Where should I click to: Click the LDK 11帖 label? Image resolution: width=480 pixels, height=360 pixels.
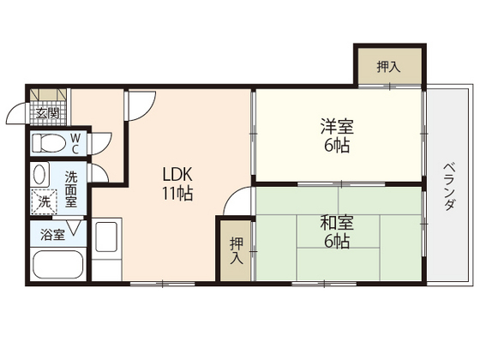tap(177, 182)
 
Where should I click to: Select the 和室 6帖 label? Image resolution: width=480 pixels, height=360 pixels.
tap(334, 231)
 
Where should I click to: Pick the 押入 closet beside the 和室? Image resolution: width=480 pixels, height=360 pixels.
tap(235, 250)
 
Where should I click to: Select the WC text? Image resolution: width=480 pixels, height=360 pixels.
tap(75, 142)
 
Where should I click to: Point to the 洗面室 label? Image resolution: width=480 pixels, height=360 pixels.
tap(71, 189)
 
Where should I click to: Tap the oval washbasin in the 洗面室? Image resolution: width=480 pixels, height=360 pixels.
tap(39, 174)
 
